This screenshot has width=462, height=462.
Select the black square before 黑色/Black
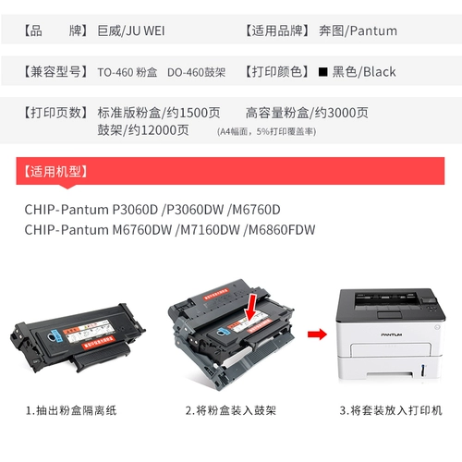(322, 71)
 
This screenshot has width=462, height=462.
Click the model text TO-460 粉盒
(128, 71)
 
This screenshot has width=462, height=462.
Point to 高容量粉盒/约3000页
(307, 113)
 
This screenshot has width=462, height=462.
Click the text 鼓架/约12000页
(143, 129)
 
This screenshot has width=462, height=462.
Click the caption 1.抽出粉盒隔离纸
(79, 409)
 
